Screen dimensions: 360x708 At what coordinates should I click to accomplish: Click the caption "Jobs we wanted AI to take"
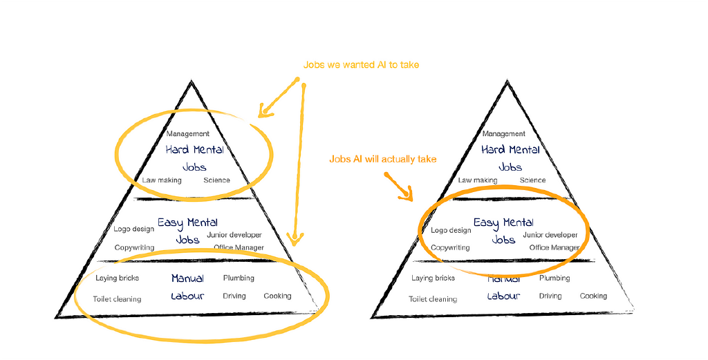(361, 65)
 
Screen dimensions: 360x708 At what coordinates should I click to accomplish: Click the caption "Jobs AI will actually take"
(382, 160)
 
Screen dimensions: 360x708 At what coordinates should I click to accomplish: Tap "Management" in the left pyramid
(187, 134)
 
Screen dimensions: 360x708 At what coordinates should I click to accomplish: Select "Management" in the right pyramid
(503, 134)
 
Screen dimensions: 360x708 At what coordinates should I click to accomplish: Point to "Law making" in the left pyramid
(162, 180)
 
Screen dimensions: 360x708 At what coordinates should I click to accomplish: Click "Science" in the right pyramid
(532, 180)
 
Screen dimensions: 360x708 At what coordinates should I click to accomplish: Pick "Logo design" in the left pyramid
(134, 229)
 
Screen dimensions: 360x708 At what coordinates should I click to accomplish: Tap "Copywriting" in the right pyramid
(450, 247)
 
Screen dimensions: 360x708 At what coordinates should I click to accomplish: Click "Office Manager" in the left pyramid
(239, 247)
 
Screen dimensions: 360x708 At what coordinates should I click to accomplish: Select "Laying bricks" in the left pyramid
(117, 278)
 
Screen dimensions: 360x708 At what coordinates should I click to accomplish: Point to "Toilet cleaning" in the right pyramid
(433, 299)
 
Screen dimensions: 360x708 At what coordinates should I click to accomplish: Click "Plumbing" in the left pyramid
(239, 278)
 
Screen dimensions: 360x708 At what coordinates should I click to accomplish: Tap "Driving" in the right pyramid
(550, 296)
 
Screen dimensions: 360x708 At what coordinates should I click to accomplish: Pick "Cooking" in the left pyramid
(277, 296)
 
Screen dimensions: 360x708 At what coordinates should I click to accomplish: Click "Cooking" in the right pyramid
(593, 296)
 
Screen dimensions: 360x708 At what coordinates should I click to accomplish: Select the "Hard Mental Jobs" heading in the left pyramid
(194, 158)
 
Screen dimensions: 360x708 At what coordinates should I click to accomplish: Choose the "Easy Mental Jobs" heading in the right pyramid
(503, 231)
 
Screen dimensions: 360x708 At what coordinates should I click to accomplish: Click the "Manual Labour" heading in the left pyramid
(187, 287)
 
